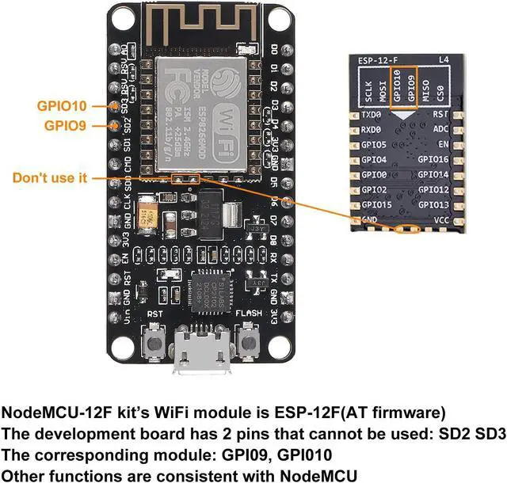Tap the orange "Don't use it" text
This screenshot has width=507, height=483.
tap(49, 178)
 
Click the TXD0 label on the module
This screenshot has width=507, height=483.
tap(372, 116)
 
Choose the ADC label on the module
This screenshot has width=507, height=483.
tap(440, 130)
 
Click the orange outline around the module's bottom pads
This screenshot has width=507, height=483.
tap(409, 230)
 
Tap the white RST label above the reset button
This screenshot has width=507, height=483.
tap(154, 313)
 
